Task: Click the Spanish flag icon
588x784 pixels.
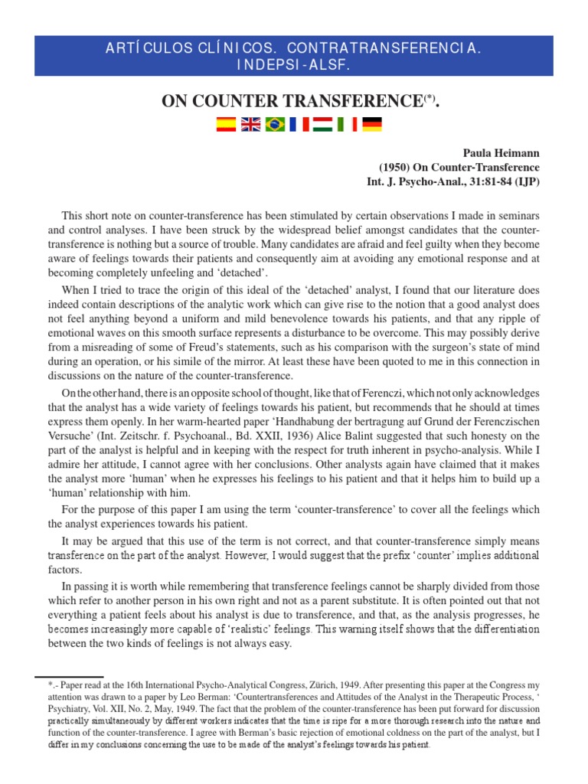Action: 225,125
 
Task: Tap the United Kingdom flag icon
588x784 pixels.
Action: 250,125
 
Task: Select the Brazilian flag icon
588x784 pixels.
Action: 274,125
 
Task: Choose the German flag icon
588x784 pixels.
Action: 372,125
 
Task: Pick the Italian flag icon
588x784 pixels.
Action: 348,125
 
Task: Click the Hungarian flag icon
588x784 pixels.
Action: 323,125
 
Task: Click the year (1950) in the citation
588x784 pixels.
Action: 396,168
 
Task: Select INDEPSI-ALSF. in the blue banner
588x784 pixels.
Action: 293,66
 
